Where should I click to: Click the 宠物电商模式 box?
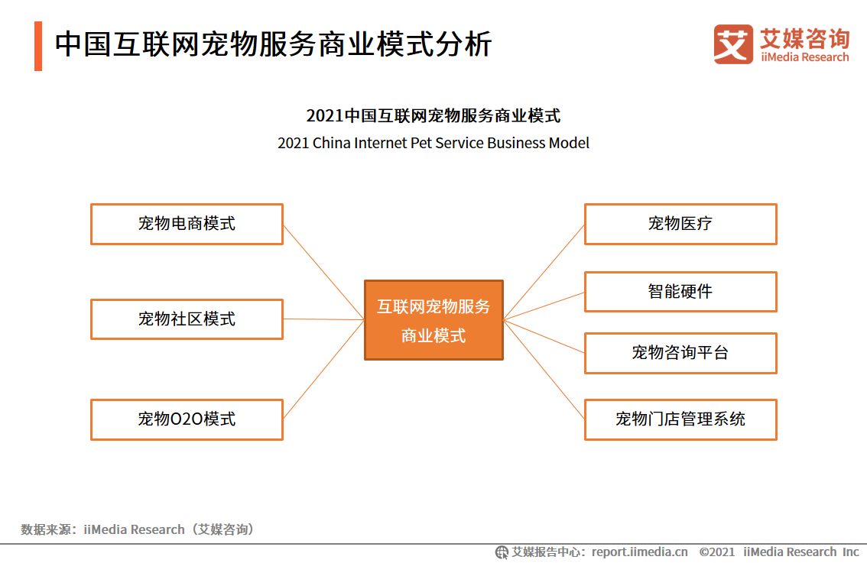click(187, 224)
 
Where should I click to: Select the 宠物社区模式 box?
click(187, 319)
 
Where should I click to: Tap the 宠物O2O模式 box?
click(187, 419)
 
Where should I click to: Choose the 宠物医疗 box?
click(680, 224)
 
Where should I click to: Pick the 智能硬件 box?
click(680, 292)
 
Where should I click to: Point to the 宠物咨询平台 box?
click(680, 353)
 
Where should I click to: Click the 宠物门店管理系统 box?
click(680, 419)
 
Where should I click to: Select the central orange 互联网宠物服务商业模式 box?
click(433, 320)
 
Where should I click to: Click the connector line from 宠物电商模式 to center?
click(323, 272)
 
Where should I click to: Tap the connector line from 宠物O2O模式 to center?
click(323, 369)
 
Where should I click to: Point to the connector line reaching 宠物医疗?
click(544, 272)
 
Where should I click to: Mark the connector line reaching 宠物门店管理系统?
click(544, 369)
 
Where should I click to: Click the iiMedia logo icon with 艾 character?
click(733, 44)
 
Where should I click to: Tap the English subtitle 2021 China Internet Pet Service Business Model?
click(433, 143)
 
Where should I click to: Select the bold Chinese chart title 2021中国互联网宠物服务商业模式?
click(433, 115)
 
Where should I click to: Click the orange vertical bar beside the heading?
click(38, 46)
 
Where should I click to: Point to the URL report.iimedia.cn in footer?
click(640, 552)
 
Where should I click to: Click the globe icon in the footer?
click(502, 552)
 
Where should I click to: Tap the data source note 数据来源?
click(138, 529)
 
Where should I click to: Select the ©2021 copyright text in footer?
click(717, 552)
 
